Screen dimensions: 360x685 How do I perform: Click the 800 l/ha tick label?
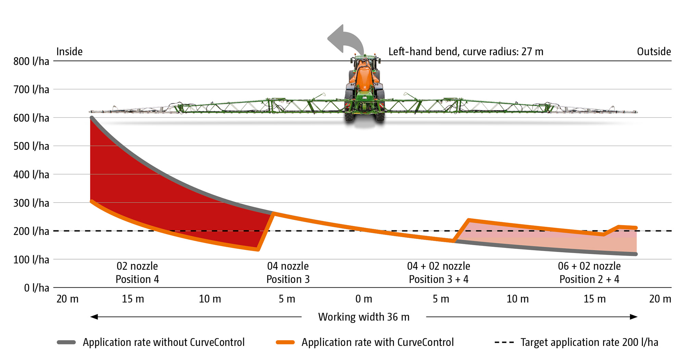click(31, 61)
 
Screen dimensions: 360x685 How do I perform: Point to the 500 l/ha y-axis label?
click(31, 146)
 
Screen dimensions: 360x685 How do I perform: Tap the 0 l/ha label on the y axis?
click(36, 288)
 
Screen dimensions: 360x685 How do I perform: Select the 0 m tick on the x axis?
click(364, 299)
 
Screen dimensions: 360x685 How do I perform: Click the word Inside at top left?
click(69, 52)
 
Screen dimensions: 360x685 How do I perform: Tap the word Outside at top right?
click(653, 52)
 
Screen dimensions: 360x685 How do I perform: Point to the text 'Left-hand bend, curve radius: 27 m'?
click(465, 52)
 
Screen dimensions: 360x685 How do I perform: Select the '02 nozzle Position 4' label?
click(137, 273)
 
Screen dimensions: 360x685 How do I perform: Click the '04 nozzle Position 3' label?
click(288, 273)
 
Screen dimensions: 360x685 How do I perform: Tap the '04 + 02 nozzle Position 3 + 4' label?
click(438, 273)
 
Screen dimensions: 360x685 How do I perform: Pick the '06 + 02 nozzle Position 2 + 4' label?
click(589, 273)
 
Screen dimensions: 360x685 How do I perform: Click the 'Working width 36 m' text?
click(364, 317)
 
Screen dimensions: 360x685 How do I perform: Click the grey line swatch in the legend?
click(66, 342)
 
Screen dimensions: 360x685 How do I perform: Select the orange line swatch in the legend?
click(285, 342)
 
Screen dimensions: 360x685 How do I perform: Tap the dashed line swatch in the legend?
click(504, 342)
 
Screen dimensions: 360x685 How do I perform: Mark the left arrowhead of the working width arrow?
click(94, 317)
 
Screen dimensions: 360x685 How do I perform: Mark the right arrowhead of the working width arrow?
click(634, 317)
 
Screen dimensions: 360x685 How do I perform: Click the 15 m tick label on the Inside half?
click(133, 299)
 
